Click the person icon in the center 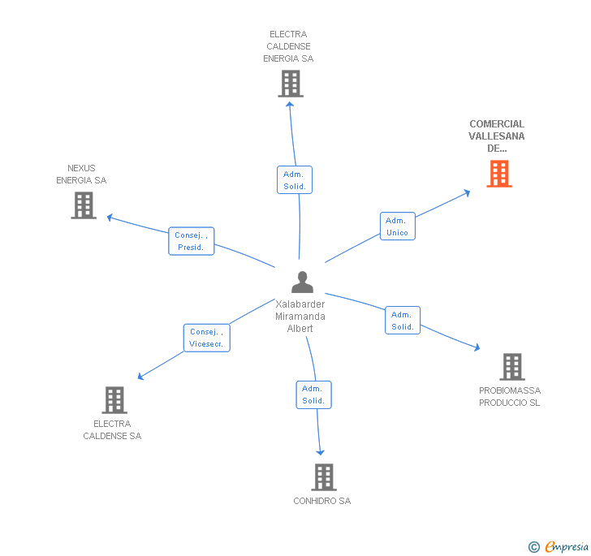tap(302, 282)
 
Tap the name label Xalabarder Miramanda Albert tap(300, 317)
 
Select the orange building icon tap(499, 174)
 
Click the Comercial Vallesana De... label tap(497, 136)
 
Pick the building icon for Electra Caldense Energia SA tap(290, 84)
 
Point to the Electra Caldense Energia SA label tap(288, 46)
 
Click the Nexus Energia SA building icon tap(84, 205)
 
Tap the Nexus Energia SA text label tap(81, 175)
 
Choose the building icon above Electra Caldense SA tap(114, 400)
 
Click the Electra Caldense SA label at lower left tap(112, 430)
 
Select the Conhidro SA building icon tap(324, 477)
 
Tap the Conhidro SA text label tap(322, 502)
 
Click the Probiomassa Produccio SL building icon tap(511, 367)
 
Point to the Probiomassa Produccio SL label tap(509, 397)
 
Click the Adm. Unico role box tap(397, 226)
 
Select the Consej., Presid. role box tap(192, 241)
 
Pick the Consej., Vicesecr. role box tap(207, 338)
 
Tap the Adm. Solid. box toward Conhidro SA tap(313, 394)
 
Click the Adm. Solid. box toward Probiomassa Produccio tap(403, 321)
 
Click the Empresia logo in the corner tap(559, 547)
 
